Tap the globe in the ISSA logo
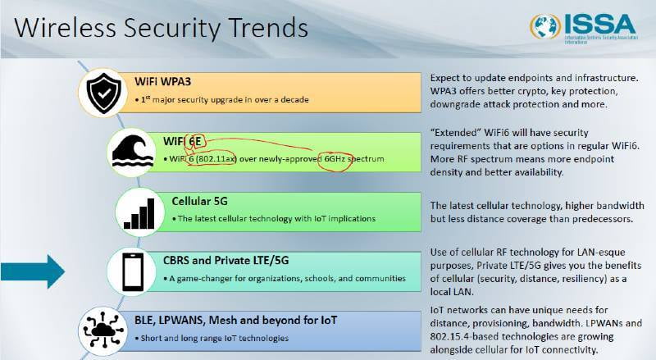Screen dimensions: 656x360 pos(545,26)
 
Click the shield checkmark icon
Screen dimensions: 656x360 pos(103,93)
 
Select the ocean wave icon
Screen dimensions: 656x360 pos(131,151)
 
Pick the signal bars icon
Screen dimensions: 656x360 pos(139,213)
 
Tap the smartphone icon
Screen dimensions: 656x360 pos(133,272)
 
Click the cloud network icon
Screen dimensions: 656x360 pos(103,330)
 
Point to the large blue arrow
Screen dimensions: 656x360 pos(33,271)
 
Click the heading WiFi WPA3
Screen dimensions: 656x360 pos(162,81)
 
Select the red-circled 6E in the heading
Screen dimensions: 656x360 pos(194,142)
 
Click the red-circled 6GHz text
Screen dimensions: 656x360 pos(335,159)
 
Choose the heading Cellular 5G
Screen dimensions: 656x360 pos(199,202)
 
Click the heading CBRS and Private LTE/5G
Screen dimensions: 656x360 pos(226,261)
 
